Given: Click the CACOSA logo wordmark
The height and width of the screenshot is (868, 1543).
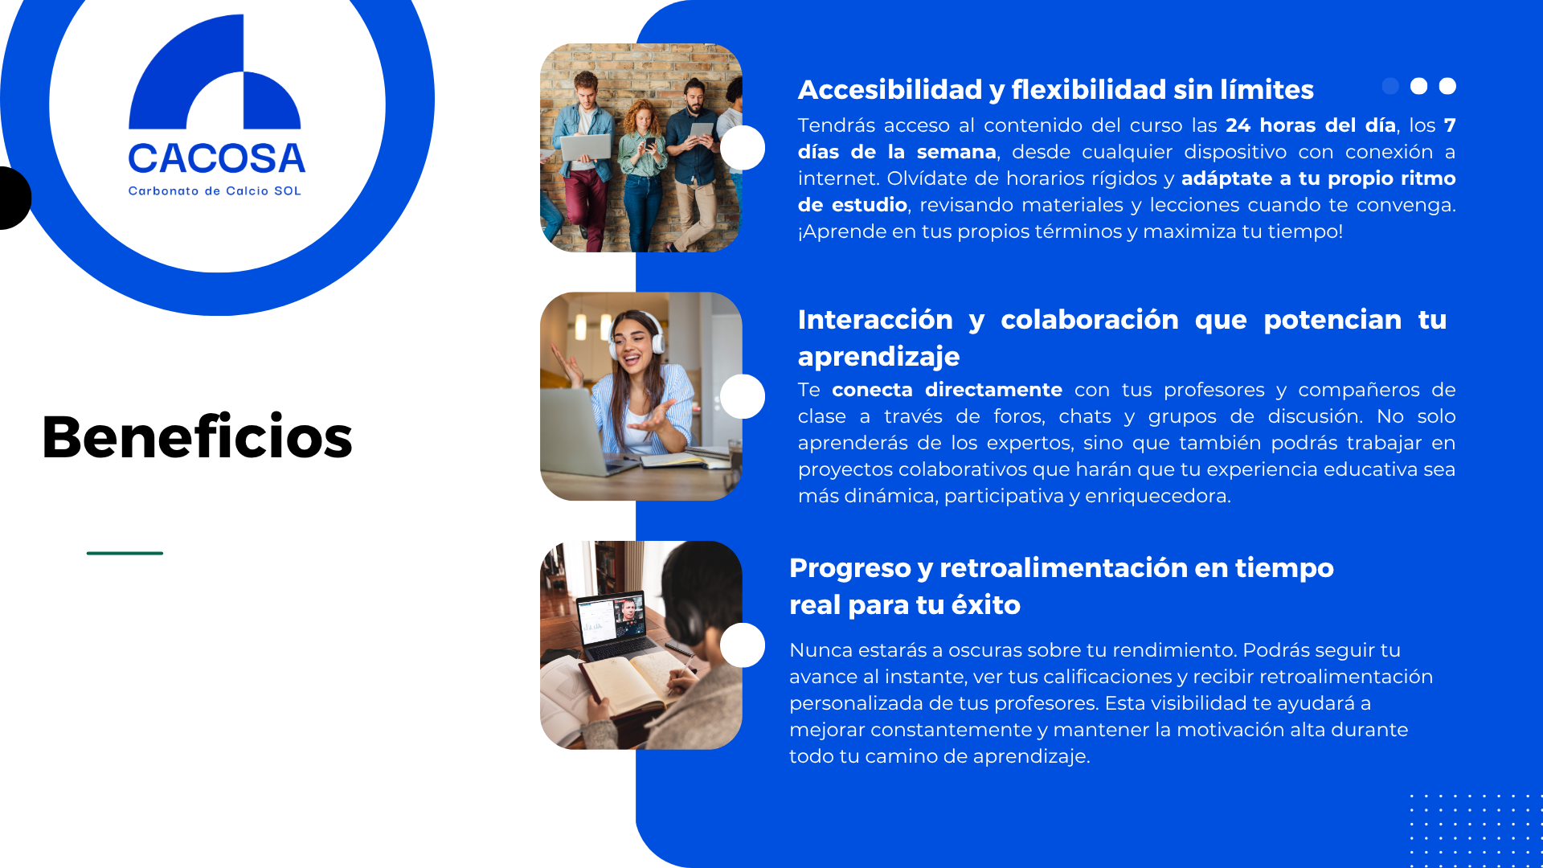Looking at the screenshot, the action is [x=217, y=158].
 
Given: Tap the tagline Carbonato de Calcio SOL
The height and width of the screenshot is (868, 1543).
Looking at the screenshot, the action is [x=215, y=191].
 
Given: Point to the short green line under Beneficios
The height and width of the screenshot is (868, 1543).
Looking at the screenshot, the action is [x=125, y=553].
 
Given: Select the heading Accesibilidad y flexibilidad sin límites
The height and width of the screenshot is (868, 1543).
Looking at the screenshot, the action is [x=1055, y=90].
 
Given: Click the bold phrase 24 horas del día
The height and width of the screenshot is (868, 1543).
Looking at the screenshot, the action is [x=1310, y=125].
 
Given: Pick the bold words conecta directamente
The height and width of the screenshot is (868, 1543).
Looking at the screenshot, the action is [x=947, y=390].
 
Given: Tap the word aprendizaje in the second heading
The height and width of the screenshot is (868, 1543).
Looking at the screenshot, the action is [x=878, y=357].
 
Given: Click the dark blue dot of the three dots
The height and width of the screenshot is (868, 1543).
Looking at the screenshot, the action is [x=1390, y=86].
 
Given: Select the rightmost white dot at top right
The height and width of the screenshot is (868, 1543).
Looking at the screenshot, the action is [x=1447, y=86].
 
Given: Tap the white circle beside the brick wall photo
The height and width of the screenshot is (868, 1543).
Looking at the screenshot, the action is [x=743, y=148].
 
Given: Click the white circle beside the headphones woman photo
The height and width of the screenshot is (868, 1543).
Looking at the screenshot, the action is [x=743, y=396].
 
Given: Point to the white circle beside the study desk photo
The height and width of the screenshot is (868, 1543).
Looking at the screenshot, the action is [x=743, y=645].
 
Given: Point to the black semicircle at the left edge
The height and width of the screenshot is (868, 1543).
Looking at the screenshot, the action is [x=15, y=198].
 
